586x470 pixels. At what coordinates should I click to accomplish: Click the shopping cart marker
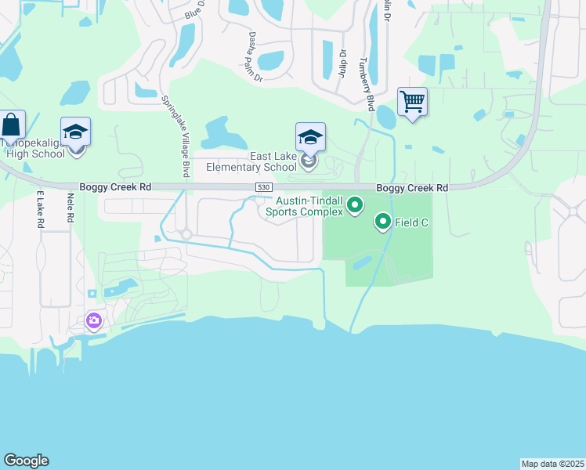click(412, 102)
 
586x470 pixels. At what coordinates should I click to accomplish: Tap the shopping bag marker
click(12, 125)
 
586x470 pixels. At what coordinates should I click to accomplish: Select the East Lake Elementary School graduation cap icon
click(310, 138)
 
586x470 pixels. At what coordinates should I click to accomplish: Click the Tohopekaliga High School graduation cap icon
click(76, 132)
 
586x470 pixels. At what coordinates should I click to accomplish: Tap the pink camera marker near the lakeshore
click(94, 320)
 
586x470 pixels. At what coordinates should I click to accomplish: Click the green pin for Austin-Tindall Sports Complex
click(355, 205)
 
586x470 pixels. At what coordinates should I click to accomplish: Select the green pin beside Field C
click(383, 222)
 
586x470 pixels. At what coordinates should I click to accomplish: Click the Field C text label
click(412, 222)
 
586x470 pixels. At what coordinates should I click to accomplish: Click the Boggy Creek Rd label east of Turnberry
click(411, 188)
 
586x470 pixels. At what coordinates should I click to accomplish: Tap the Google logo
click(26, 461)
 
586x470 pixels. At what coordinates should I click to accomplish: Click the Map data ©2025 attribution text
click(552, 464)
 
